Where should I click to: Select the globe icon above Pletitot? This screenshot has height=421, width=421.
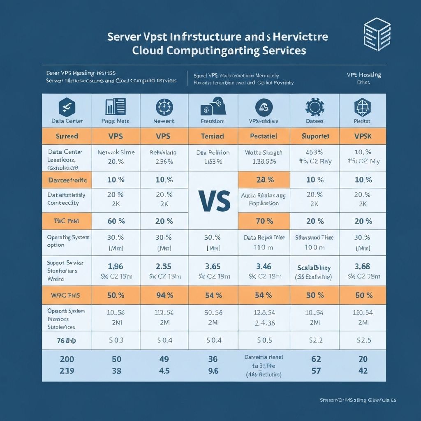pos(363,108)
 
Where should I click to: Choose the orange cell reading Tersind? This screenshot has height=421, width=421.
pos(213,136)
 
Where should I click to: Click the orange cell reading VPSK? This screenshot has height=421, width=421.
pos(363,136)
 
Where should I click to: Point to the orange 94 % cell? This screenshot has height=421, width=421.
pos(164,296)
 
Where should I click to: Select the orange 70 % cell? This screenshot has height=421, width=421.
pos(264,221)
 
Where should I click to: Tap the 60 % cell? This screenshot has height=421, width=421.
pos(116,221)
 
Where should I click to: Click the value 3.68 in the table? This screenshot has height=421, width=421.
pos(363,267)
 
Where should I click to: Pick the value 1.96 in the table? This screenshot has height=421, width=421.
pos(116,267)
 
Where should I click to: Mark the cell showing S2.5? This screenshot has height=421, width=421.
pos(363,340)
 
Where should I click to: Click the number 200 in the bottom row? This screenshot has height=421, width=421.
pos(67,359)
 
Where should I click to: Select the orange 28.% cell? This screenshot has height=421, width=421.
pos(264,180)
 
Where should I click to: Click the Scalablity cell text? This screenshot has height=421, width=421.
pos(315,267)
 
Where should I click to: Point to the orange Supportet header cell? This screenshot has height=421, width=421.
pos(315,136)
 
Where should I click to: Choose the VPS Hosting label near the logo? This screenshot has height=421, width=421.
pos(363,75)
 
